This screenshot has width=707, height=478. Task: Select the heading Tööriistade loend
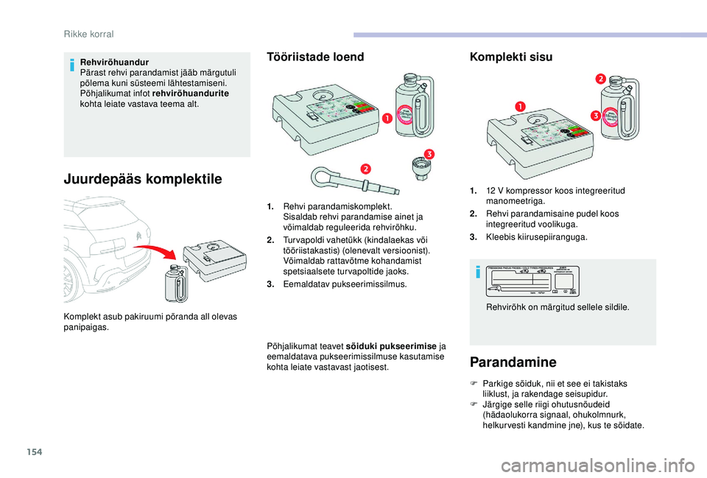coord(315,57)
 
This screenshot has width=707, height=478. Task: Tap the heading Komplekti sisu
coord(510,57)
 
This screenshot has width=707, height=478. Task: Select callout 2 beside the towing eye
coord(365,169)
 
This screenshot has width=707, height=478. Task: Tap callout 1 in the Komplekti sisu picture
coord(518,107)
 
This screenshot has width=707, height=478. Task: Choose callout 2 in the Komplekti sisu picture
coord(600,79)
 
